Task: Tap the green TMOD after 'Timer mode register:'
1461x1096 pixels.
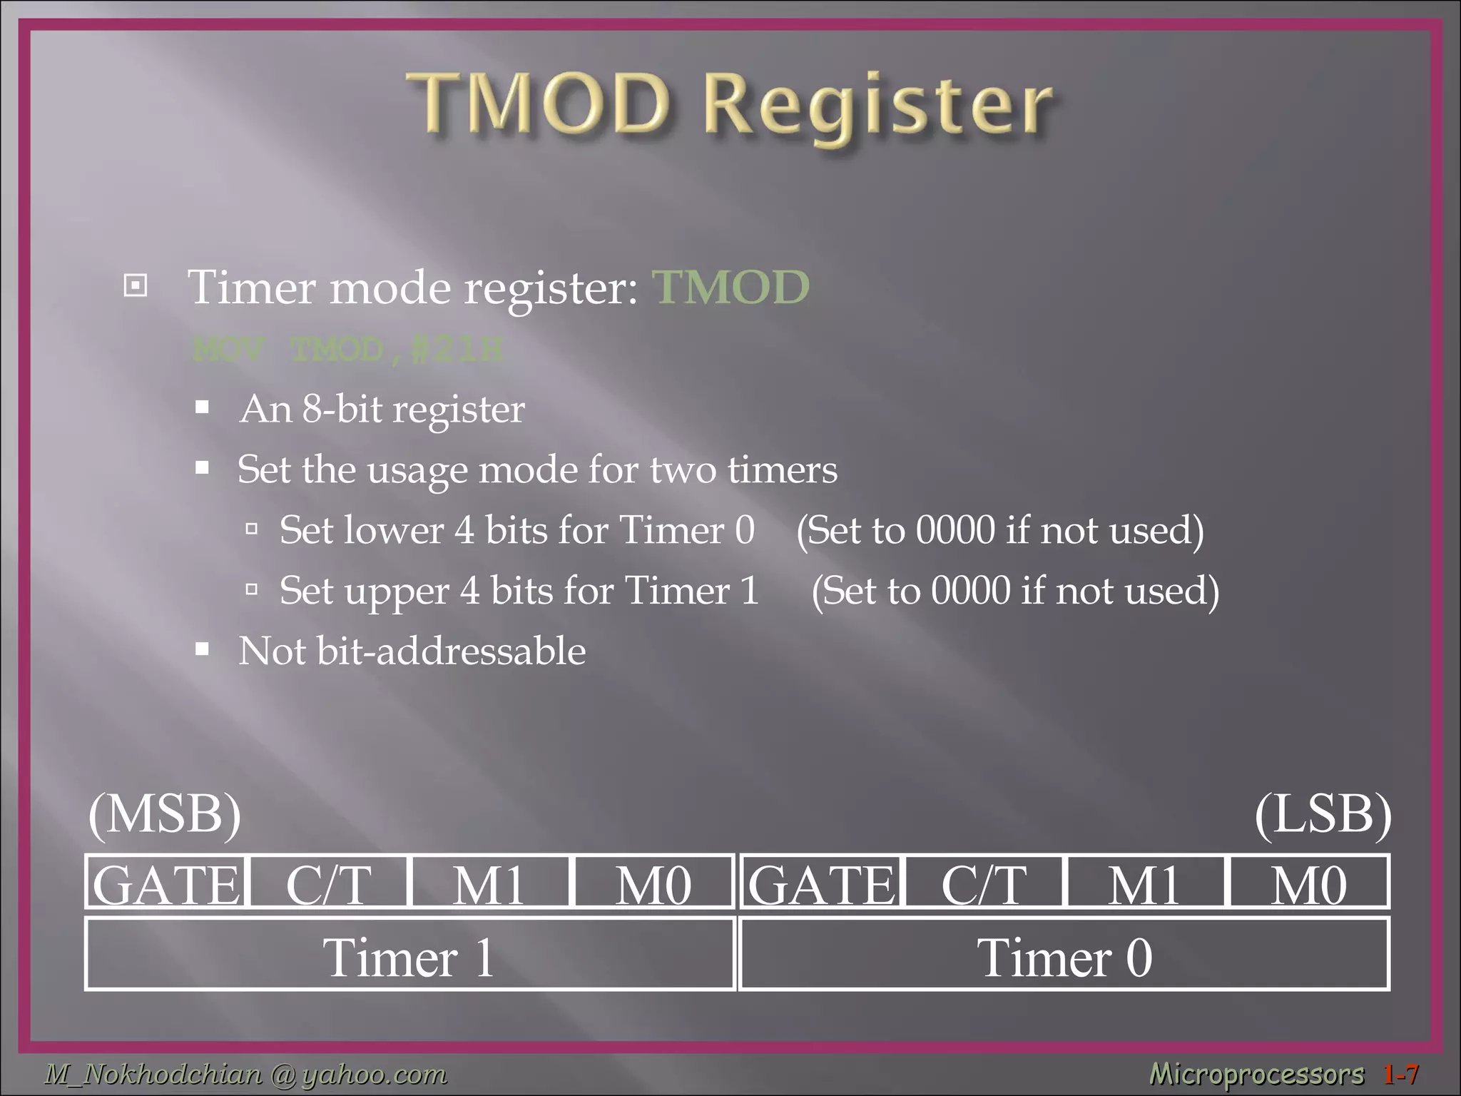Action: click(730, 287)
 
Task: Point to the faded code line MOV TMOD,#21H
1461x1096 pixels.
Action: click(347, 350)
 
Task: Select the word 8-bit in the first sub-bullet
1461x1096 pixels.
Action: click(342, 410)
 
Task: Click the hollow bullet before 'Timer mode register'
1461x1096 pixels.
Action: click(136, 286)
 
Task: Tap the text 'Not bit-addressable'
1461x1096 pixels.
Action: click(412, 651)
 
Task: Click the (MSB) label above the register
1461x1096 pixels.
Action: click(165, 814)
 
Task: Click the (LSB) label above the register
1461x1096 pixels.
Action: click(1323, 814)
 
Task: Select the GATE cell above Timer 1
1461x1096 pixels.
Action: click(166, 883)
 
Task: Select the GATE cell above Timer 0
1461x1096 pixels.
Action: click(820, 883)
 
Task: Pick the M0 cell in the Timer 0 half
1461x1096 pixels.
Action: click(1308, 883)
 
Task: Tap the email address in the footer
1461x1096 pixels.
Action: click(246, 1074)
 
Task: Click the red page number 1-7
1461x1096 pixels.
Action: click(1400, 1074)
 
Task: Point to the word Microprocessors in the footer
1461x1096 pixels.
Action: click(1256, 1074)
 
